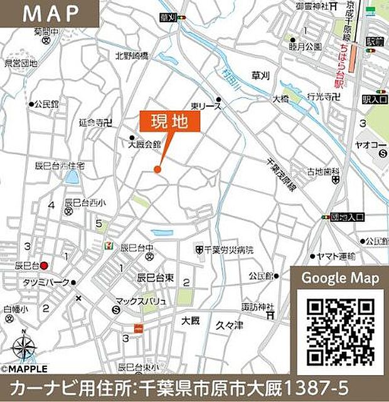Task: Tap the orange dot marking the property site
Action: tap(157, 169)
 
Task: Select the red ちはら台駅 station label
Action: tap(339, 64)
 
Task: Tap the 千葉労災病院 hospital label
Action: tap(228, 250)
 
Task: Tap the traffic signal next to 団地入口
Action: tap(325, 217)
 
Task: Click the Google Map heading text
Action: tap(341, 278)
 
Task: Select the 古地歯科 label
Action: tap(322, 171)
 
